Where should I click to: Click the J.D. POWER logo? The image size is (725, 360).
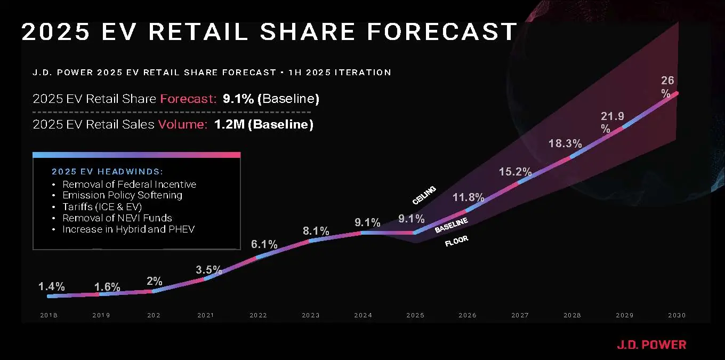tap(651, 345)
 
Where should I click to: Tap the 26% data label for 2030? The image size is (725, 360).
tap(667, 86)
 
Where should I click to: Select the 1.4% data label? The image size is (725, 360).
tap(52, 287)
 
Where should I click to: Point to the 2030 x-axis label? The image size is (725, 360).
tap(676, 315)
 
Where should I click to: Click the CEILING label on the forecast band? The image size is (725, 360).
tap(424, 195)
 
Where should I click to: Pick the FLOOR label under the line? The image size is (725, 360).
tap(456, 242)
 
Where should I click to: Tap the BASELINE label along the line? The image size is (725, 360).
tap(451, 225)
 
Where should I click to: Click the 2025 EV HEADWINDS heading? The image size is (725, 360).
tap(107, 172)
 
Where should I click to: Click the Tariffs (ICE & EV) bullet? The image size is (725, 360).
tap(102, 207)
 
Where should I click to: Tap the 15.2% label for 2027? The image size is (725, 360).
tap(515, 172)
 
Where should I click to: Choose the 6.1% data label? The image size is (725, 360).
tap(264, 245)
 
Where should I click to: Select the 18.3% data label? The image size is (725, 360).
tap(565, 144)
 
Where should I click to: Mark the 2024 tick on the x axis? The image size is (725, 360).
tap(363, 315)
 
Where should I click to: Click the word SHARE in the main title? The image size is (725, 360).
tap(307, 32)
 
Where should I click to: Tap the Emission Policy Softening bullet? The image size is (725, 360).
tap(122, 195)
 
